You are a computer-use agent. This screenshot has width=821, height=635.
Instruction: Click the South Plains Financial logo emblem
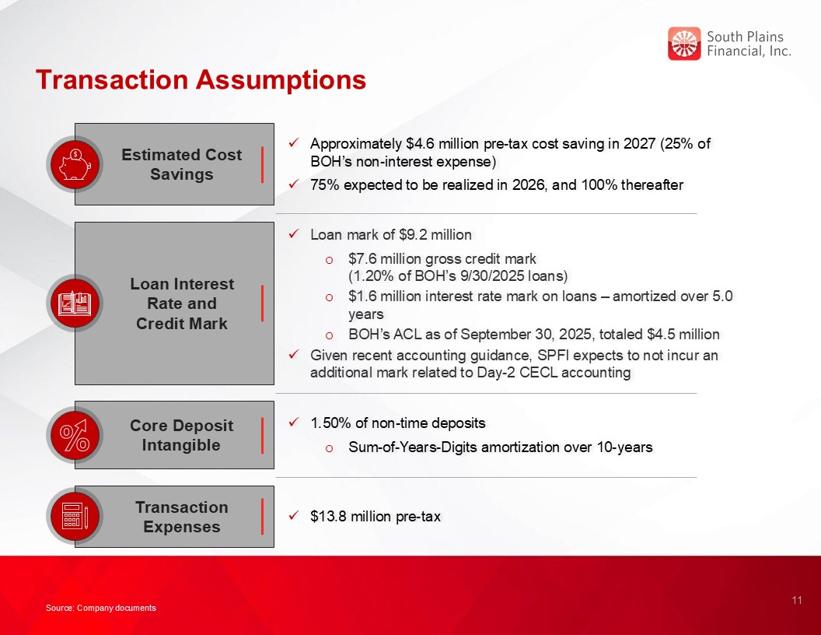click(x=684, y=44)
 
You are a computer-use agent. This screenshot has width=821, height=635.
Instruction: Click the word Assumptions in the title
click(x=281, y=79)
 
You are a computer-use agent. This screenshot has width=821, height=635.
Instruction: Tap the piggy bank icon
click(x=75, y=164)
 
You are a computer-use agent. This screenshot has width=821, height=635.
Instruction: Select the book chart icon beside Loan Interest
click(x=75, y=303)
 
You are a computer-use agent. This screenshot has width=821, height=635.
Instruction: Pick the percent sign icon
click(x=75, y=435)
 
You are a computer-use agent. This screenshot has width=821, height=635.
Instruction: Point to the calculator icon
click(x=75, y=515)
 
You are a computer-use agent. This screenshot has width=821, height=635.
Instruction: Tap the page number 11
click(x=797, y=600)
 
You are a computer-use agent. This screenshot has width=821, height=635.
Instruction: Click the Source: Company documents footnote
click(x=100, y=608)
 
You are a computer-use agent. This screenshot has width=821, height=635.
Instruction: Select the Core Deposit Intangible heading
click(x=181, y=435)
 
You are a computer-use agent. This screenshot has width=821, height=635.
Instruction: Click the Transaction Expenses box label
click(x=182, y=517)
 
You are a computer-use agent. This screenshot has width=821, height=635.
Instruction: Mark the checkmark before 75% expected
click(x=294, y=184)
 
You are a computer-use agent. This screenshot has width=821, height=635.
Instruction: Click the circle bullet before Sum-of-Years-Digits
click(x=329, y=448)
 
